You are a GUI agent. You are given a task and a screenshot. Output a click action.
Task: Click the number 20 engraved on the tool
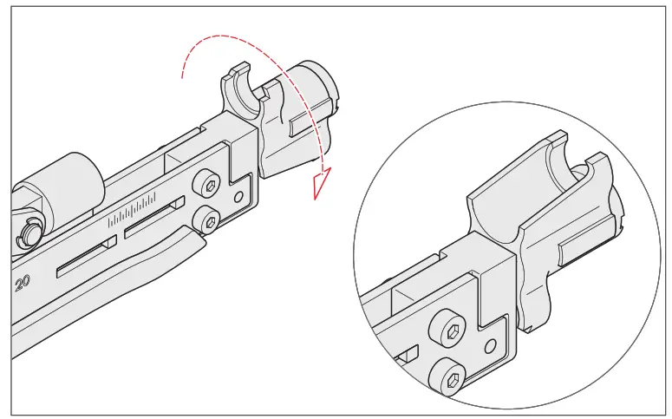click(x=22, y=281)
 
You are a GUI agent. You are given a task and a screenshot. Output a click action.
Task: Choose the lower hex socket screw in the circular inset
click(x=452, y=378)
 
